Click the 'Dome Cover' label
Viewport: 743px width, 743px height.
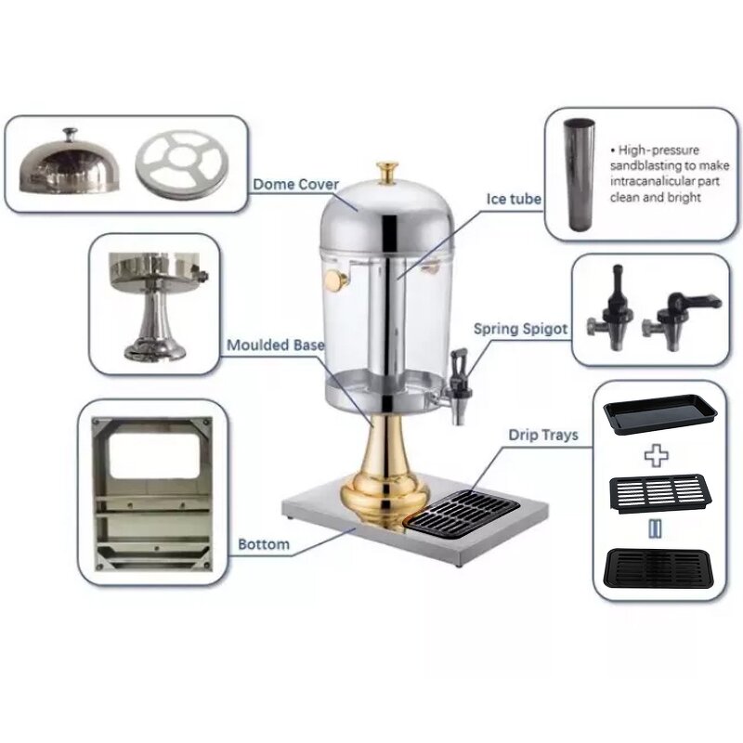(x=295, y=184)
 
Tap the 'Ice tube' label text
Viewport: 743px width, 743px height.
(x=514, y=199)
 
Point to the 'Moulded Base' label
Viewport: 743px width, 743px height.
(x=276, y=345)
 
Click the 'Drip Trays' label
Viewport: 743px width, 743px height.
(x=542, y=434)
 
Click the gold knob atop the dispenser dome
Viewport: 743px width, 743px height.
(x=387, y=173)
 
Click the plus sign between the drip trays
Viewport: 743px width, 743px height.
(x=657, y=455)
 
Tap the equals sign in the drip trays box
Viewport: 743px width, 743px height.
(x=657, y=528)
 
